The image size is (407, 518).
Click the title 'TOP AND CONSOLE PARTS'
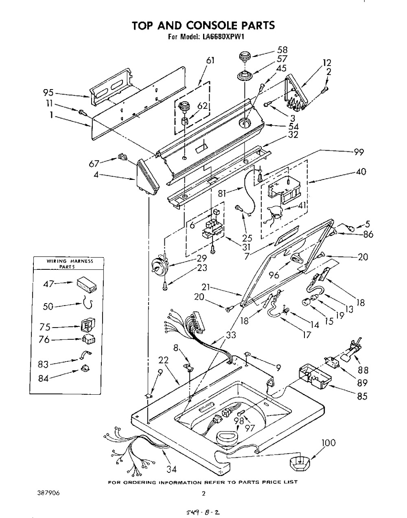[x=203, y=25]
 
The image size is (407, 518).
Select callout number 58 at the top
[x=282, y=50]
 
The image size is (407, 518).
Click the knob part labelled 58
[x=244, y=57]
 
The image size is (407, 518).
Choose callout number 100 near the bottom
[x=328, y=443]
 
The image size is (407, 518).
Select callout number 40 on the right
[x=360, y=172]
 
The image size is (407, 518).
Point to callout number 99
[x=358, y=152]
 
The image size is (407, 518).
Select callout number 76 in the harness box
[x=44, y=339]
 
